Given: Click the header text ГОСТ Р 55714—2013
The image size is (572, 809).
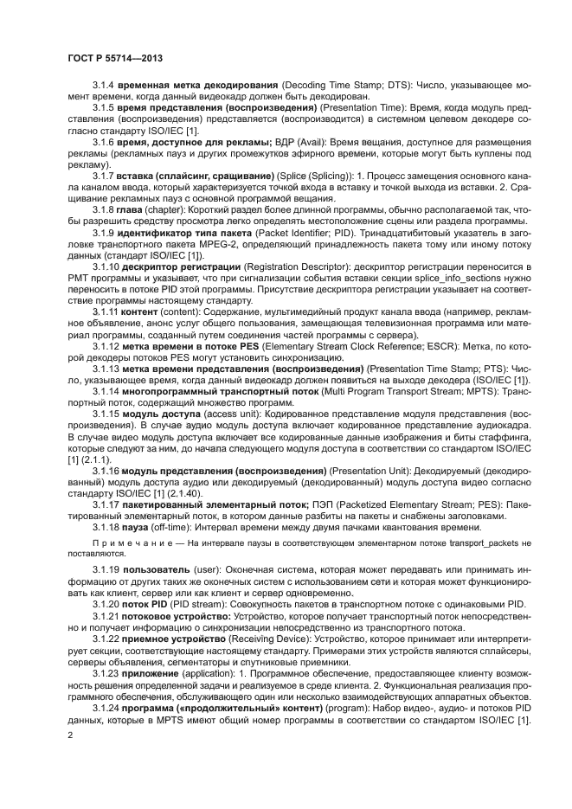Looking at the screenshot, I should coord(114,58).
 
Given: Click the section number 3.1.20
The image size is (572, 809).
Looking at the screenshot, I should coord(106,605).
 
